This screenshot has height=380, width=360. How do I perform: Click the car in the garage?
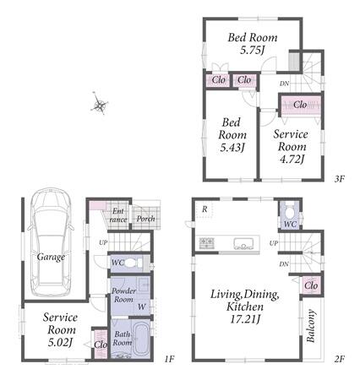point(51,242)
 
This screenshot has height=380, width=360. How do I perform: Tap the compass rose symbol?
point(100,104)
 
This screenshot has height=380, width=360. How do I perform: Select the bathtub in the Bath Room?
point(141,339)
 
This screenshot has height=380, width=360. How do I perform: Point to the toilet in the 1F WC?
point(133,263)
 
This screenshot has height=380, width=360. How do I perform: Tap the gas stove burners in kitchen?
point(207,243)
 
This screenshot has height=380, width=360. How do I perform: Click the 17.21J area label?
point(245,319)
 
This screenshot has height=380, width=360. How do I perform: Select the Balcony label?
point(311,326)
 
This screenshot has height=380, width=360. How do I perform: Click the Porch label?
point(145,219)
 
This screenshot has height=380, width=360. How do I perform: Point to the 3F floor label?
point(340,178)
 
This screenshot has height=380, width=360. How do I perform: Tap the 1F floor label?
point(170,359)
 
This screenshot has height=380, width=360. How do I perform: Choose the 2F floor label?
point(340,359)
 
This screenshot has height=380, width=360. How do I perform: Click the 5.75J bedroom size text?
point(253,51)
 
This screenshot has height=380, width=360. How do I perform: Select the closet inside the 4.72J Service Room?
point(301,105)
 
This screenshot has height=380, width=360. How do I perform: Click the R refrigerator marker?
point(205,209)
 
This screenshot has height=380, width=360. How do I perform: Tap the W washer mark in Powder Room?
point(141,307)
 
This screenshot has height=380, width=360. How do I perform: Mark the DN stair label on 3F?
point(284,84)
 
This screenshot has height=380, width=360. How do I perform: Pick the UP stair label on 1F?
point(103,242)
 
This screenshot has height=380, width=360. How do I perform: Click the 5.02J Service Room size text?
point(61,342)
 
